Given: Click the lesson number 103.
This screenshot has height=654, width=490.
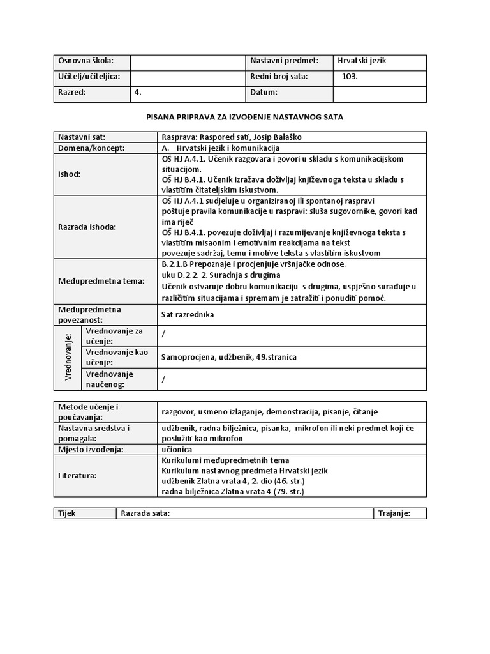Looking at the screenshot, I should (x=350, y=77).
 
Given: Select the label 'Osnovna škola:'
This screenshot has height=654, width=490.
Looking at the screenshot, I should (x=85, y=61).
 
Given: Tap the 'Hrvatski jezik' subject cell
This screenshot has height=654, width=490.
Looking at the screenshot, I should (x=363, y=61).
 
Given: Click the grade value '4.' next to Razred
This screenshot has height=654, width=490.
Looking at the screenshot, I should (x=138, y=92).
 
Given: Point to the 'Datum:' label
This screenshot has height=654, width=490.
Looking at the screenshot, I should (x=264, y=92).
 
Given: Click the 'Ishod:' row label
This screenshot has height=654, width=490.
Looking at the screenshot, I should (x=70, y=174).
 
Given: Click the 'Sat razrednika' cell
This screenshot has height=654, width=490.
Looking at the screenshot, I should (x=188, y=315).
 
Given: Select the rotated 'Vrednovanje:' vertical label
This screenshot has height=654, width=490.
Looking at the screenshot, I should (x=68, y=357).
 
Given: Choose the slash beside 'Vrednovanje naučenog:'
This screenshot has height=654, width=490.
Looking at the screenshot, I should (x=164, y=379).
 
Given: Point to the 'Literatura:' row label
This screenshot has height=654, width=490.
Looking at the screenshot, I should (x=78, y=476).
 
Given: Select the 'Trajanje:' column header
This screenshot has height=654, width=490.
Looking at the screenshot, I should (x=394, y=513).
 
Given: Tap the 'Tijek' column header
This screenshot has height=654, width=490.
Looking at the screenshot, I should (x=67, y=513).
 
